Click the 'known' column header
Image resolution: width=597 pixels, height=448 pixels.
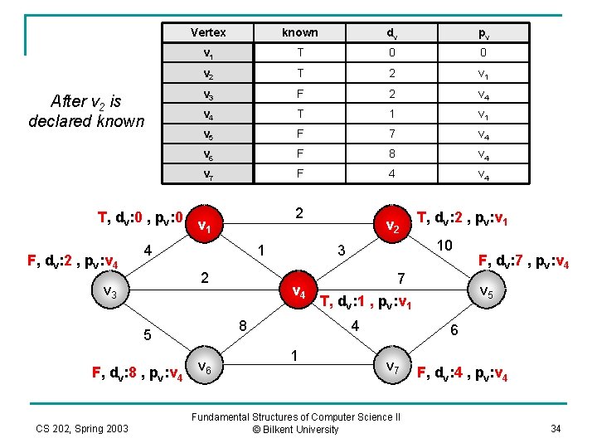tap(299, 32)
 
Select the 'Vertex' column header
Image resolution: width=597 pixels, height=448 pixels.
tap(208, 32)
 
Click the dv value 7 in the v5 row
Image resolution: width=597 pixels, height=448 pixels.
tap(391, 133)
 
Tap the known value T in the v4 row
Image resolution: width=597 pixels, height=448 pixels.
tap(299, 113)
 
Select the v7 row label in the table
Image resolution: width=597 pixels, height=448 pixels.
tap(208, 173)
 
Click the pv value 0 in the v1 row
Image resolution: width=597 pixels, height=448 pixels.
tap(482, 53)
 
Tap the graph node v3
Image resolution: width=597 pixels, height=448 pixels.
tap(109, 292)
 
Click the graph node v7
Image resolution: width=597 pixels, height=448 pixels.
tap(392, 366)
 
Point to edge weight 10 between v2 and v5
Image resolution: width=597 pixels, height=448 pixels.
tap(444, 246)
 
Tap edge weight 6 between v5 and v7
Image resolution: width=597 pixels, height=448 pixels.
tap(454, 329)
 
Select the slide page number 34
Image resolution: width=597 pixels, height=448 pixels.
tap(555, 428)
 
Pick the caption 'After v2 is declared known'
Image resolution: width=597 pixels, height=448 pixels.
tap(86, 111)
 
